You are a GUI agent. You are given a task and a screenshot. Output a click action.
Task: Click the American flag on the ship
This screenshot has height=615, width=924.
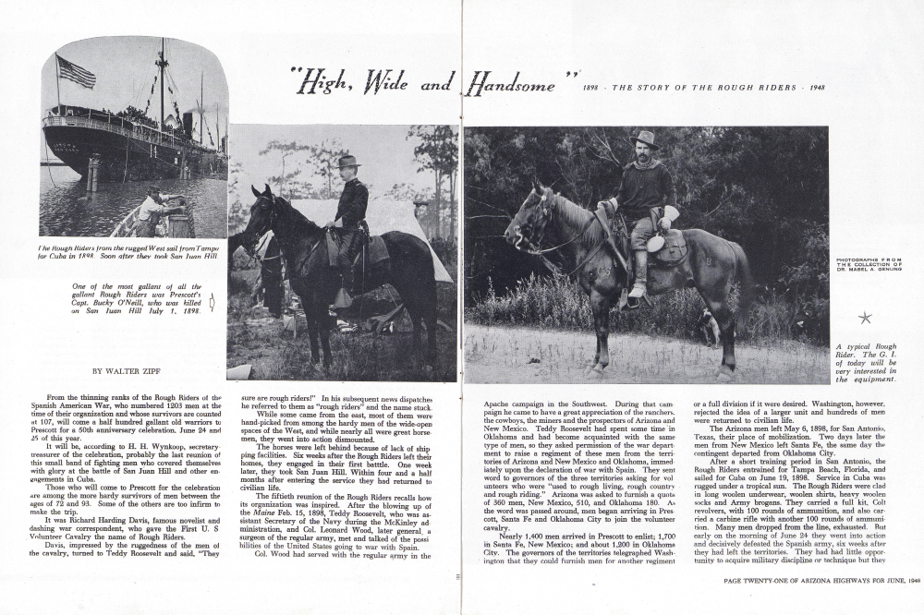(x=75, y=71)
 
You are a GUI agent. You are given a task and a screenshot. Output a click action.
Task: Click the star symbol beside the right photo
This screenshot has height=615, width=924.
(x=865, y=318)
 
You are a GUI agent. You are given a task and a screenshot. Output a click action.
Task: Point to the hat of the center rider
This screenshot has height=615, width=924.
(x=347, y=161)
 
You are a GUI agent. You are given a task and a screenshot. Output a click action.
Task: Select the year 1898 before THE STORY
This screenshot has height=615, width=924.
(x=595, y=88)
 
